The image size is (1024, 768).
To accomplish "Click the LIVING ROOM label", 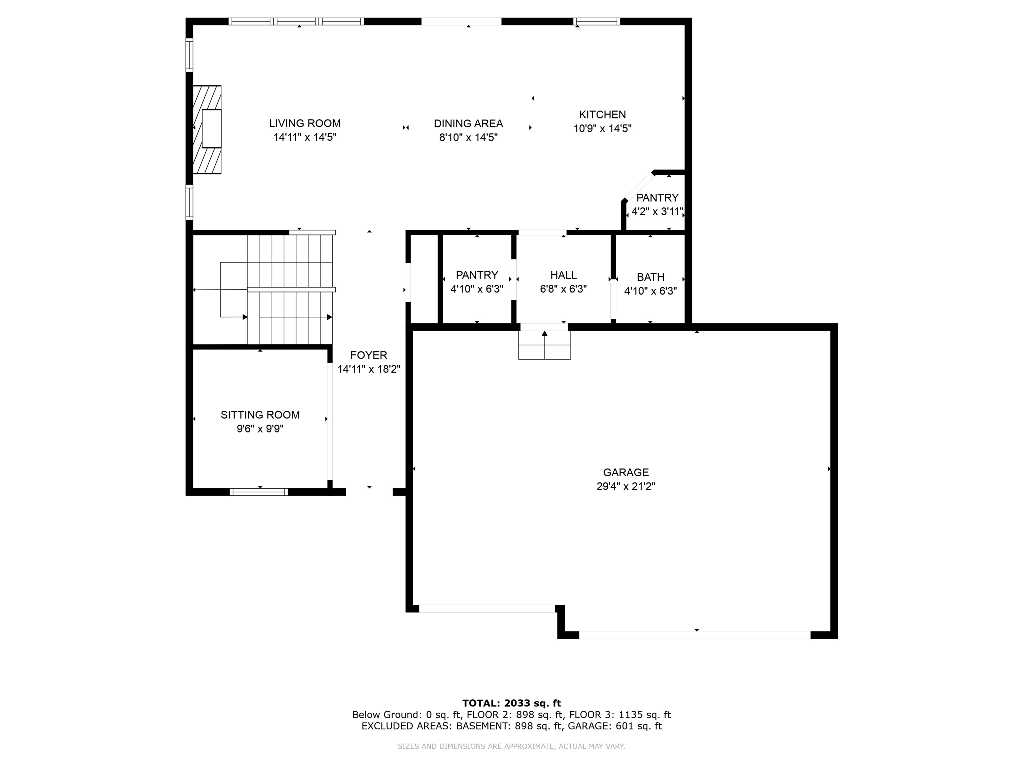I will (x=305, y=123).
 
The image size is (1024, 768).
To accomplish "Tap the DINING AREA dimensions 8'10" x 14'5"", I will (x=468, y=137).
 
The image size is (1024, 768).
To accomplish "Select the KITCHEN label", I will (x=602, y=114).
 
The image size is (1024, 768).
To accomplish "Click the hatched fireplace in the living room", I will (x=207, y=129).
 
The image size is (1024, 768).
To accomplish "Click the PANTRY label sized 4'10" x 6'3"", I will (x=477, y=275).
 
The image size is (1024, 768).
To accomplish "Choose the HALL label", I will (x=563, y=275).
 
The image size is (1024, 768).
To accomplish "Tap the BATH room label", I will (x=650, y=277).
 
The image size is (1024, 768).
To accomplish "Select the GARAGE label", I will (x=626, y=472).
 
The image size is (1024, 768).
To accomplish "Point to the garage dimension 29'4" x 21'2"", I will (x=626, y=486).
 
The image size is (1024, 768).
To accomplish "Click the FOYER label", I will (x=369, y=355).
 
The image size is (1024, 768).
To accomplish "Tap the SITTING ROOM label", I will (x=260, y=415).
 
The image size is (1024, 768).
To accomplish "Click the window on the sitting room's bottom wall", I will (x=259, y=492).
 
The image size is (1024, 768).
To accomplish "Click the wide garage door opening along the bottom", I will (x=695, y=635).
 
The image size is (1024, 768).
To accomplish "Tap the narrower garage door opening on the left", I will (x=487, y=608).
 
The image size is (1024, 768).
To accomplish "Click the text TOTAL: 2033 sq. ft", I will (x=511, y=703).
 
